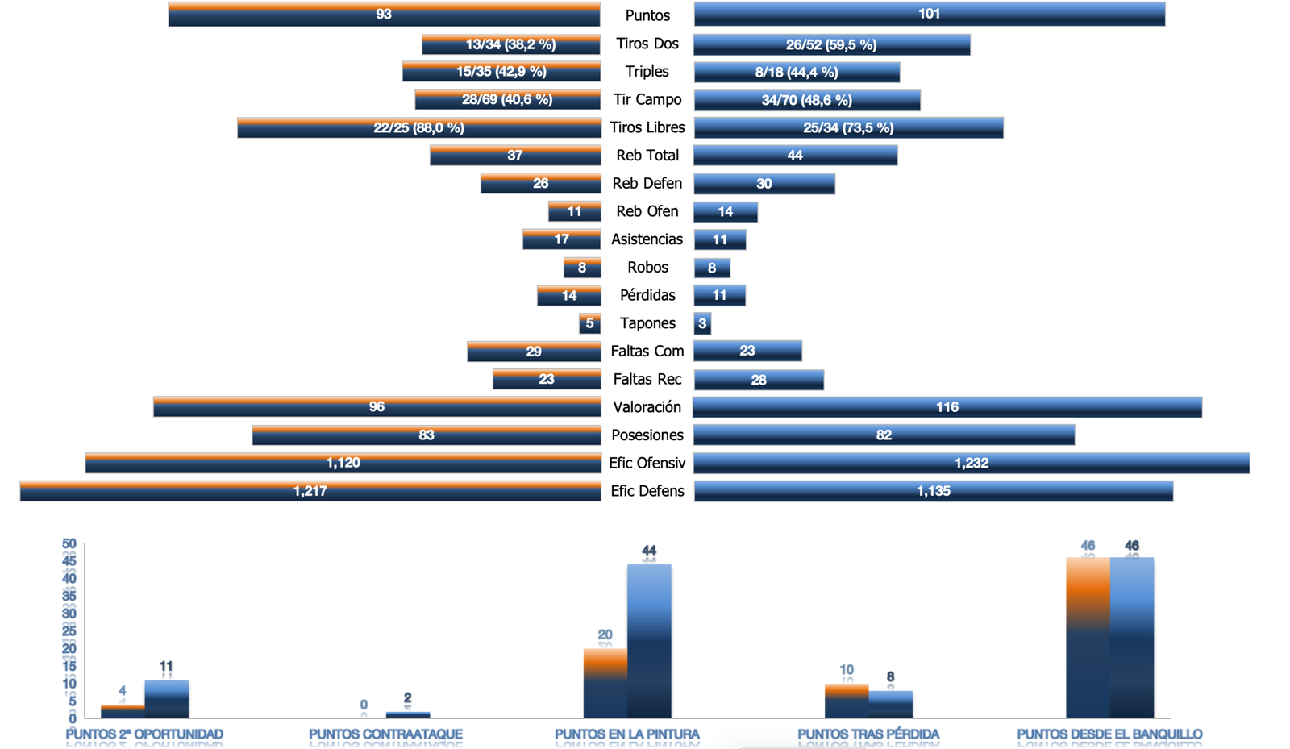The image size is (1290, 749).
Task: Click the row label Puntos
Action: tap(647, 15)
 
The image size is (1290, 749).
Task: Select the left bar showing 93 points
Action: tap(384, 15)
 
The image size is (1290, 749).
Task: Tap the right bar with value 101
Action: tap(929, 14)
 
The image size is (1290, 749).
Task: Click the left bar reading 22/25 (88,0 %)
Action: tap(418, 127)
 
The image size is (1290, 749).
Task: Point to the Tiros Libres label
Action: tap(647, 127)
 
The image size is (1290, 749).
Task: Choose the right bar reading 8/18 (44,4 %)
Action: tap(797, 72)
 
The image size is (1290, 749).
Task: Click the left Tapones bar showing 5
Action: tap(589, 323)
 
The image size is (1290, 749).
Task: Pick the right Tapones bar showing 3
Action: tap(702, 323)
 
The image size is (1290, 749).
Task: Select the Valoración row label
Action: tap(647, 407)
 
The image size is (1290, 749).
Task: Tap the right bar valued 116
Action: tap(947, 407)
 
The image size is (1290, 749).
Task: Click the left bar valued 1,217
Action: tap(310, 491)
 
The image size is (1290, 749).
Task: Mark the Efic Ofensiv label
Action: tap(647, 463)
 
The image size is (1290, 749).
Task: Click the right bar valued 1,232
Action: tap(971, 463)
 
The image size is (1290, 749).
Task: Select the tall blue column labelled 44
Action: tap(649, 641)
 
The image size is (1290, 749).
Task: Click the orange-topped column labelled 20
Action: tap(605, 684)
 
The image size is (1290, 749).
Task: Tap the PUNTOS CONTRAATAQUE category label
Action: tap(385, 734)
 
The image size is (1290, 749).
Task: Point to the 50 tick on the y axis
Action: tap(69, 544)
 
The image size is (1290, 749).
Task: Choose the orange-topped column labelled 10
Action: tap(846, 701)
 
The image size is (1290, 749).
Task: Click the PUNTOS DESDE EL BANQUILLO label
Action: tap(1109, 734)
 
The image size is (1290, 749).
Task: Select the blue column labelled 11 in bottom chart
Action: tap(166, 699)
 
